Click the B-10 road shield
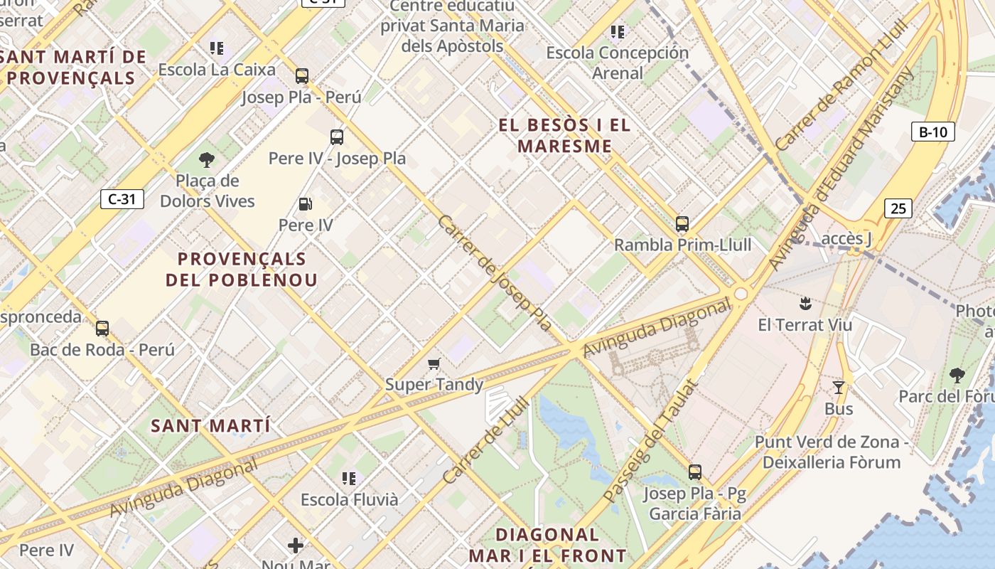pos(932,132)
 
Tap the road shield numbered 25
pos(898,208)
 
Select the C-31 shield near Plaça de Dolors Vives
pos(122,199)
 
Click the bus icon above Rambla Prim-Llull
pos(682,224)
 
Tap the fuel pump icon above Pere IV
pos(306,205)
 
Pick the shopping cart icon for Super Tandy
pos(434,364)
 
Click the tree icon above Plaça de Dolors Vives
pos(207,160)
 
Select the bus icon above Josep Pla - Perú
pos(302,76)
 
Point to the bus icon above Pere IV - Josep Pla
pos(337,137)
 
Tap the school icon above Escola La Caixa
pos(217,48)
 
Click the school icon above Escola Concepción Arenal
pos(618,32)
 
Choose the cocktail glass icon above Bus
pos(839,388)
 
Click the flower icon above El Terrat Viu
pos(805,304)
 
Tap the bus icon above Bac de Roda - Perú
pos(102,329)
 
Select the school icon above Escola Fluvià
pos(348,478)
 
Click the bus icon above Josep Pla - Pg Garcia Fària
pos(694,472)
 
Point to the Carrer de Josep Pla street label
pos(495,273)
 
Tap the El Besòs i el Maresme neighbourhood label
pos(564,136)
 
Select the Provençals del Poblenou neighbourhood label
pos(242,269)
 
